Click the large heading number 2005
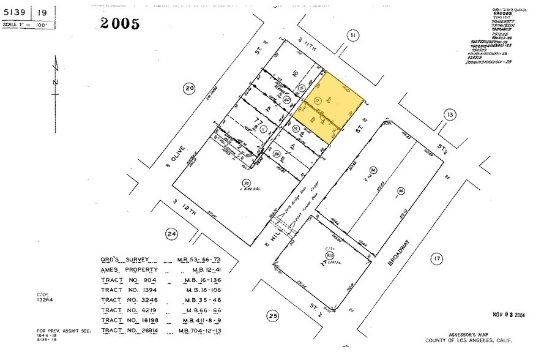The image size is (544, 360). (x=120, y=24)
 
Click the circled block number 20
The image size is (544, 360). (x=189, y=89)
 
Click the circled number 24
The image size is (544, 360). (x=172, y=233)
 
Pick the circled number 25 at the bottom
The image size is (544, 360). (x=273, y=316)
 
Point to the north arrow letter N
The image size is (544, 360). (x=55, y=81)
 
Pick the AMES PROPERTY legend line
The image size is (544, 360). (x=129, y=269)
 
